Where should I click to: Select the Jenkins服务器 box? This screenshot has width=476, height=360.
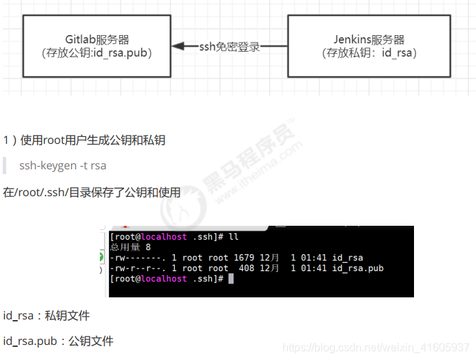tap(369, 45)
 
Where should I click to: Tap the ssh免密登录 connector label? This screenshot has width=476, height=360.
tap(229, 47)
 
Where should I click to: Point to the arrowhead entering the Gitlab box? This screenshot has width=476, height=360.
tap(177, 47)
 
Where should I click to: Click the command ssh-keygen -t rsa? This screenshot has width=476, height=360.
tap(63, 166)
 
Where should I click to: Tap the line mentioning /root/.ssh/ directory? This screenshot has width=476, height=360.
tap(92, 192)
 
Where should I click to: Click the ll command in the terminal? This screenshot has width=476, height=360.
tap(233, 237)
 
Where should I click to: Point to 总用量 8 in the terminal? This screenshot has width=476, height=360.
tap(130, 247)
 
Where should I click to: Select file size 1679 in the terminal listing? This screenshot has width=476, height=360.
tap(244, 258)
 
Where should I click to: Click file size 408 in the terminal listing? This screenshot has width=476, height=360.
tap(247, 268)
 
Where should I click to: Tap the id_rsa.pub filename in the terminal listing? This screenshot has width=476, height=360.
tap(358, 268)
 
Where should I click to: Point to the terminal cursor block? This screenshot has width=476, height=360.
tap(231, 279)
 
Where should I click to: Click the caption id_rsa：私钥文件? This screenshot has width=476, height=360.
tap(46, 316)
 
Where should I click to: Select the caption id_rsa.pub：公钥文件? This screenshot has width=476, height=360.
tap(58, 341)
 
